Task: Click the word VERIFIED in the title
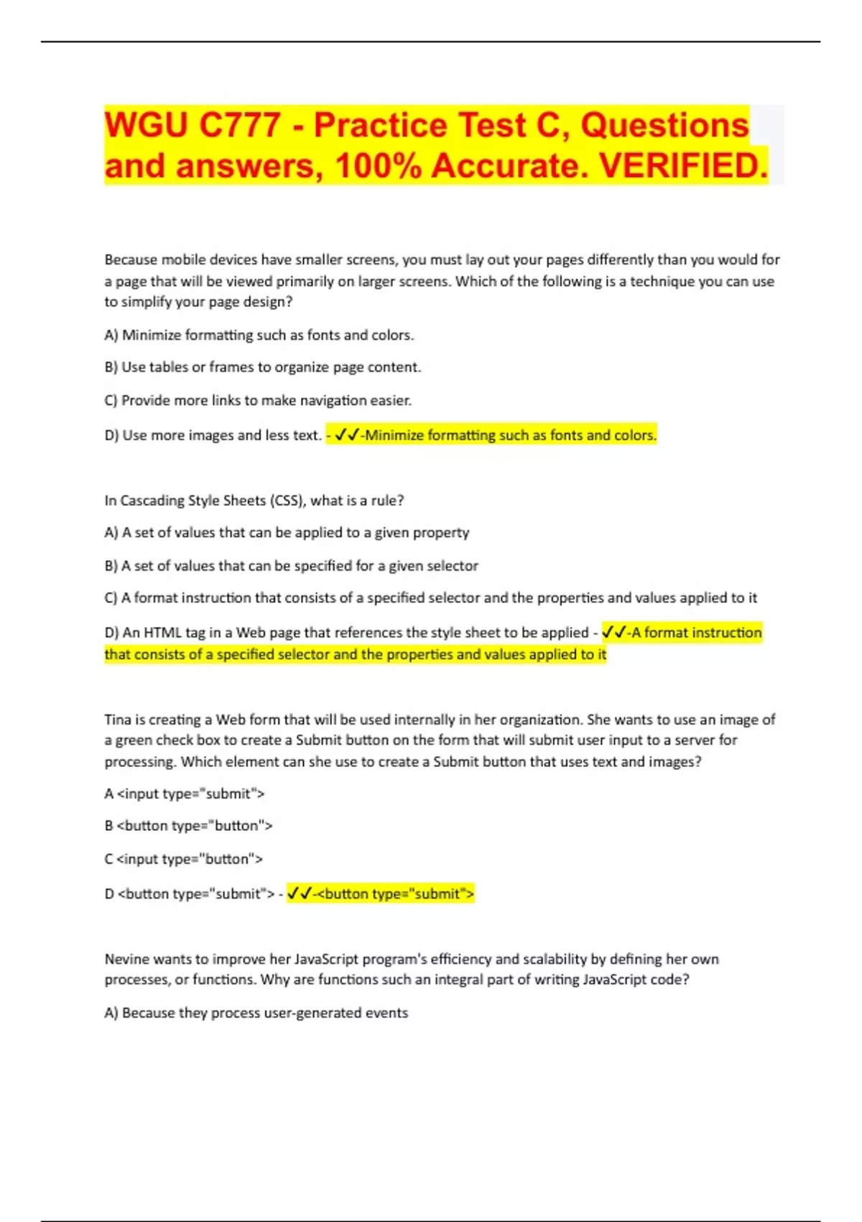tap(682, 166)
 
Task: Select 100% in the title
tap(378, 166)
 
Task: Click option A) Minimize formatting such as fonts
tap(259, 335)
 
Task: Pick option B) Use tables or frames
tap(262, 367)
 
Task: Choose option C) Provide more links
tap(258, 400)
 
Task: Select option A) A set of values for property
tap(287, 533)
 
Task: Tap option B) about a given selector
tap(291, 566)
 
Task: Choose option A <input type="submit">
tap(185, 794)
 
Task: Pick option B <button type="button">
tap(188, 825)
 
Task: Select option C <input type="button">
tap(184, 859)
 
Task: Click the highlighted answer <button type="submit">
tap(395, 893)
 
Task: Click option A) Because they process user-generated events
tap(256, 1013)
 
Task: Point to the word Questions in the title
tap(664, 125)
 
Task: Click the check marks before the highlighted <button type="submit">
tap(299, 893)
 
